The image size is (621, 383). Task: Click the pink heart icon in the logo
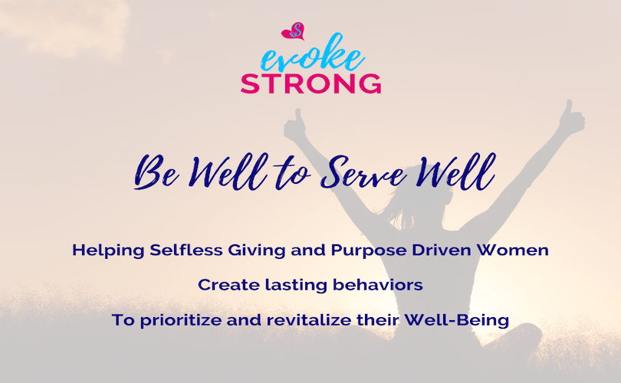pos(293,31)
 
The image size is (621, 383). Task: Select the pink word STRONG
pos(311,83)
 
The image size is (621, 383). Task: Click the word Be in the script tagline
pos(156,172)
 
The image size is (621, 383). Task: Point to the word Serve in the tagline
pos(363,173)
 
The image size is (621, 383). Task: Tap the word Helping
pos(108,250)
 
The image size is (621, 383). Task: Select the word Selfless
pos(186,250)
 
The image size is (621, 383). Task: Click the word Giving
pos(257,250)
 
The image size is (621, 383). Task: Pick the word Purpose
pos(368,250)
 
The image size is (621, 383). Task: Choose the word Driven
pos(441,250)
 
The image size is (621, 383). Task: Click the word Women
pos(512,250)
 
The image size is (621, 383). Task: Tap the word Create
pos(228,285)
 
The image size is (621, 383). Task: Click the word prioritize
pos(181,320)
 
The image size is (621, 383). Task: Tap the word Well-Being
pos(456,320)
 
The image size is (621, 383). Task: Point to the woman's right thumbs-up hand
pos(295,126)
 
